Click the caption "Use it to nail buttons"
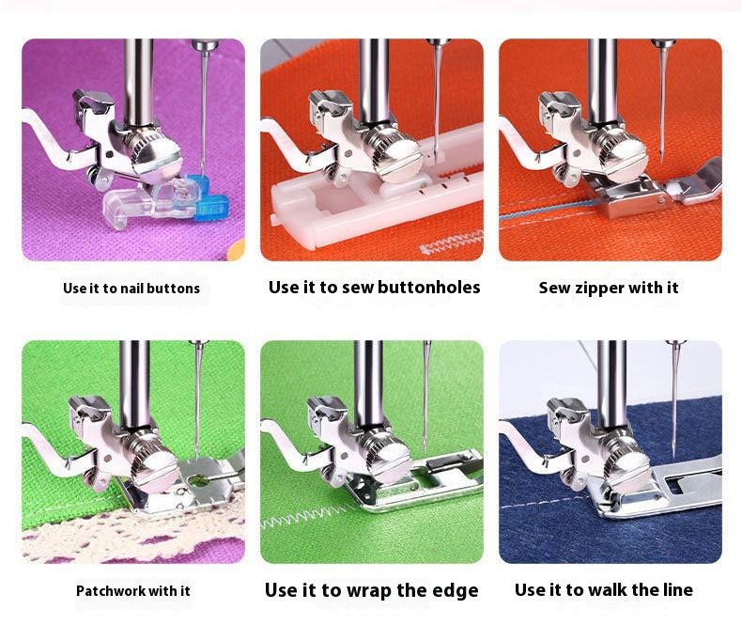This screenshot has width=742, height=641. (131, 289)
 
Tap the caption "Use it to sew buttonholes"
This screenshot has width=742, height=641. (375, 288)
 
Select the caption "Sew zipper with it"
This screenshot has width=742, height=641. (609, 288)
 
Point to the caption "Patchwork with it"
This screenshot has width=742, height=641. (133, 591)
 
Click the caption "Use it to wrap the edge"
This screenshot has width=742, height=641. (372, 590)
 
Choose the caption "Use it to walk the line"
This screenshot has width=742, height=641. (604, 590)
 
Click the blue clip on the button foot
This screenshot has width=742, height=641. (209, 198)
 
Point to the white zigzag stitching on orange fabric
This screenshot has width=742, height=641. (452, 242)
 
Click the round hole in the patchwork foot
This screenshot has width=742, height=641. (199, 481)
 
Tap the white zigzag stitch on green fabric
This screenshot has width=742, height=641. (307, 516)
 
